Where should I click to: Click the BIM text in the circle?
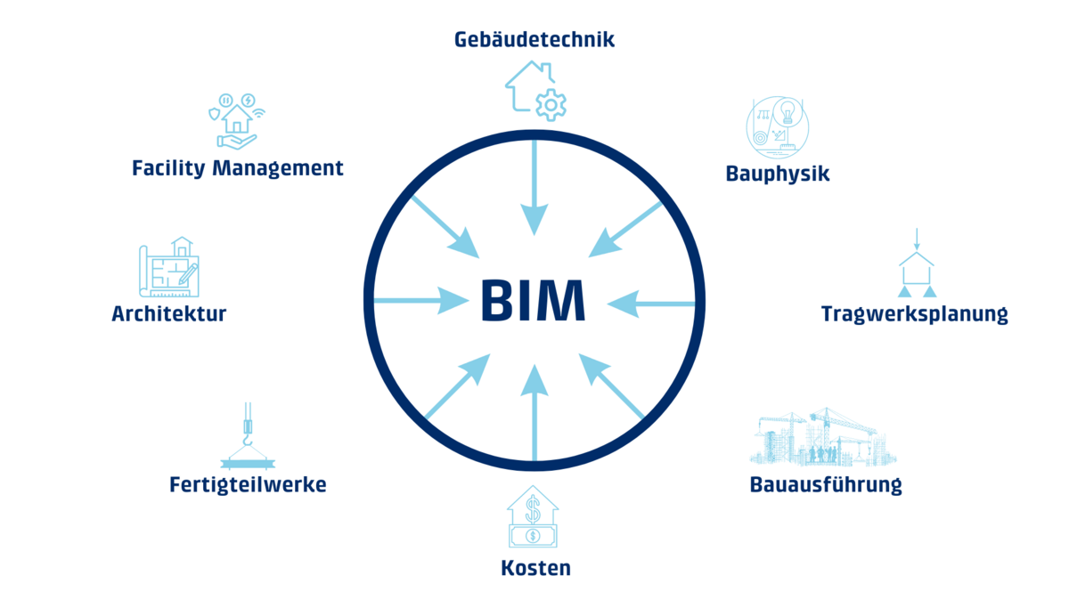pos(533,301)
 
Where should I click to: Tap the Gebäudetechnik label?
pos(534,40)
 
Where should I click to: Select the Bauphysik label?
pos(778,174)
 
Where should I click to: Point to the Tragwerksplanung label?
pos(914,314)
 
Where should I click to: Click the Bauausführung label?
pos(826,485)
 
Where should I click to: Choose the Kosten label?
pos(534,568)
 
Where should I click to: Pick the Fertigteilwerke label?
pos(248,485)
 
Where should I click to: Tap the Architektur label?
pos(169,314)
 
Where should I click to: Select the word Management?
pos(277,168)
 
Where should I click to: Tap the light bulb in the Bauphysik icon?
pos(787,112)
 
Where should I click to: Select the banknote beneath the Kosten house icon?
pos(533,535)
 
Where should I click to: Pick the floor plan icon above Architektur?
pos(169,269)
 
